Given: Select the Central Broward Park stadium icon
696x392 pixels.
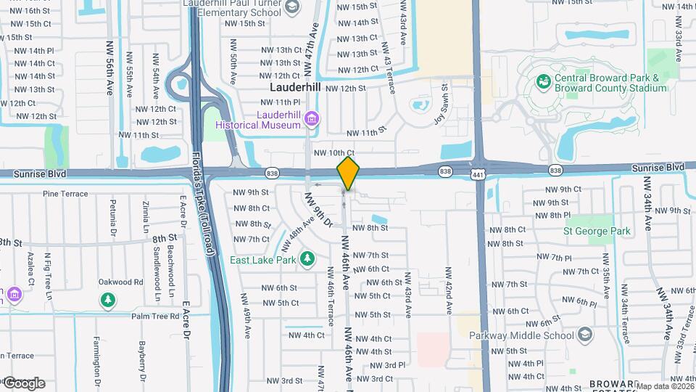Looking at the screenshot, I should tap(543, 81).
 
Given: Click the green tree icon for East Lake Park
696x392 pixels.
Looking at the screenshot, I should tap(307, 258).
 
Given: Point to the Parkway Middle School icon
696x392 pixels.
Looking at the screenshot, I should tap(585, 335).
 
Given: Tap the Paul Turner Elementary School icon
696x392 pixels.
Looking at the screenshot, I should tap(291, 8).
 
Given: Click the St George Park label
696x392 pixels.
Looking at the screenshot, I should tap(597, 232).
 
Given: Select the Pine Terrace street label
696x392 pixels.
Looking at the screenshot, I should tap(65, 194).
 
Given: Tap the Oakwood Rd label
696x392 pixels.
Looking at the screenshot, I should tap(121, 282).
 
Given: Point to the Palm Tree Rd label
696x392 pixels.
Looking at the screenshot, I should tap(155, 317).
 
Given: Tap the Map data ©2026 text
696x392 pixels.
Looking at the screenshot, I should tap(663, 386).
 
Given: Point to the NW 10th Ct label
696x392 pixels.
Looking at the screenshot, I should tap(333, 152).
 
